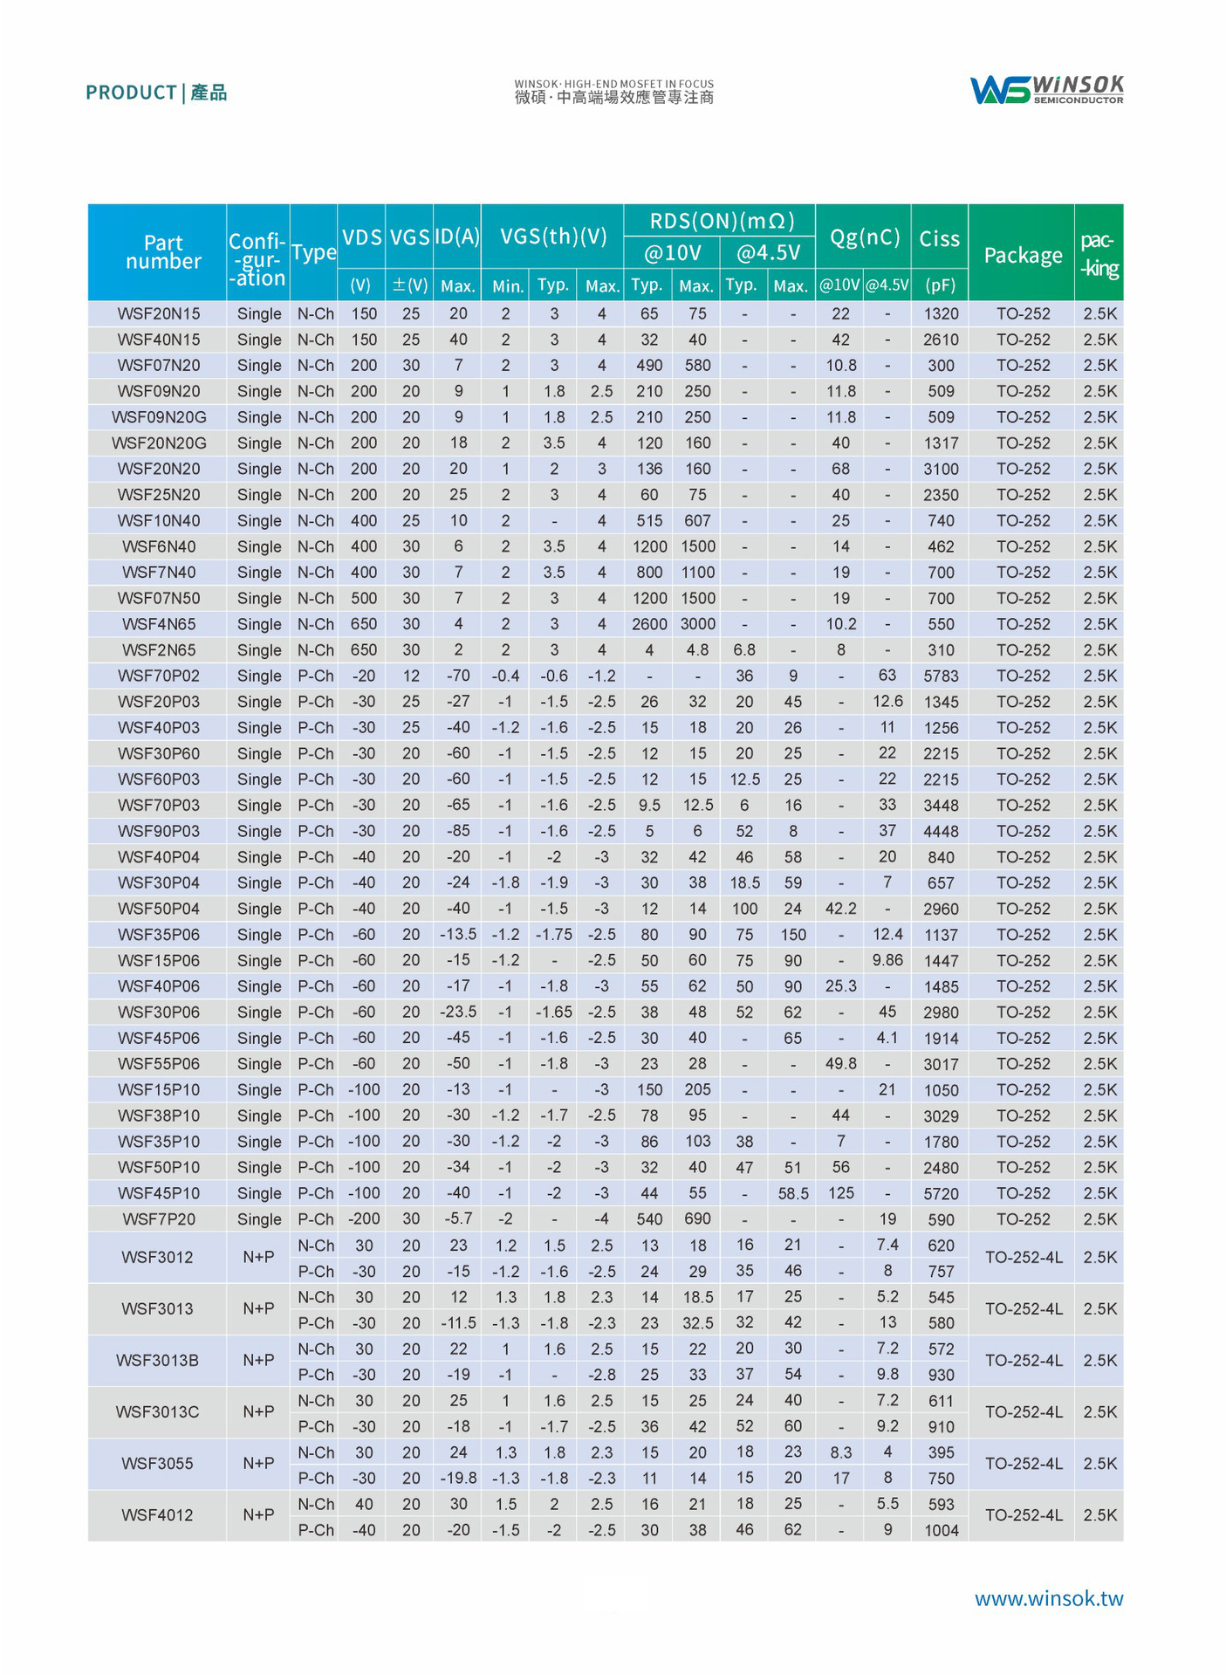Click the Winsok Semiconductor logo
point(1046,90)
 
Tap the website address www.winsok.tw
point(1048,1598)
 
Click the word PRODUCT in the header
point(131,93)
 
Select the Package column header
point(1023,255)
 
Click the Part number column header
point(163,252)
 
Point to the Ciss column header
point(939,238)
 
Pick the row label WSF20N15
point(159,313)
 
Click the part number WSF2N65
point(159,650)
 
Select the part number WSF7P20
point(159,1219)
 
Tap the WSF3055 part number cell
point(157,1464)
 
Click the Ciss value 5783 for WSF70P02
point(941,676)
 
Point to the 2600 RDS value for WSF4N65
point(649,624)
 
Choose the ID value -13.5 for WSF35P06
point(458,935)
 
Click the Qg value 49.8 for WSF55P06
point(840,1064)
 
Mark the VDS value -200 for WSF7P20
point(364,1219)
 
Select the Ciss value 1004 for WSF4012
point(941,1530)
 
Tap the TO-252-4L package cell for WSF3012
point(1023,1258)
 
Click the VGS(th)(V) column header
point(553,237)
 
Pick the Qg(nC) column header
point(864,237)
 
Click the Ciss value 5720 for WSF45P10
point(941,1194)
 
